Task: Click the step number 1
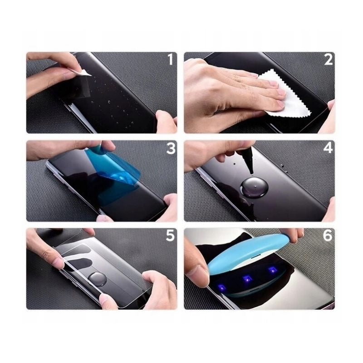click(170, 59)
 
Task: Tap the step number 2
click(328, 59)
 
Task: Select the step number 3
click(170, 148)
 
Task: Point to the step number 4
click(328, 148)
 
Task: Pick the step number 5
click(170, 236)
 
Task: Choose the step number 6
click(328, 236)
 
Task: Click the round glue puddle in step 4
click(251, 186)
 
